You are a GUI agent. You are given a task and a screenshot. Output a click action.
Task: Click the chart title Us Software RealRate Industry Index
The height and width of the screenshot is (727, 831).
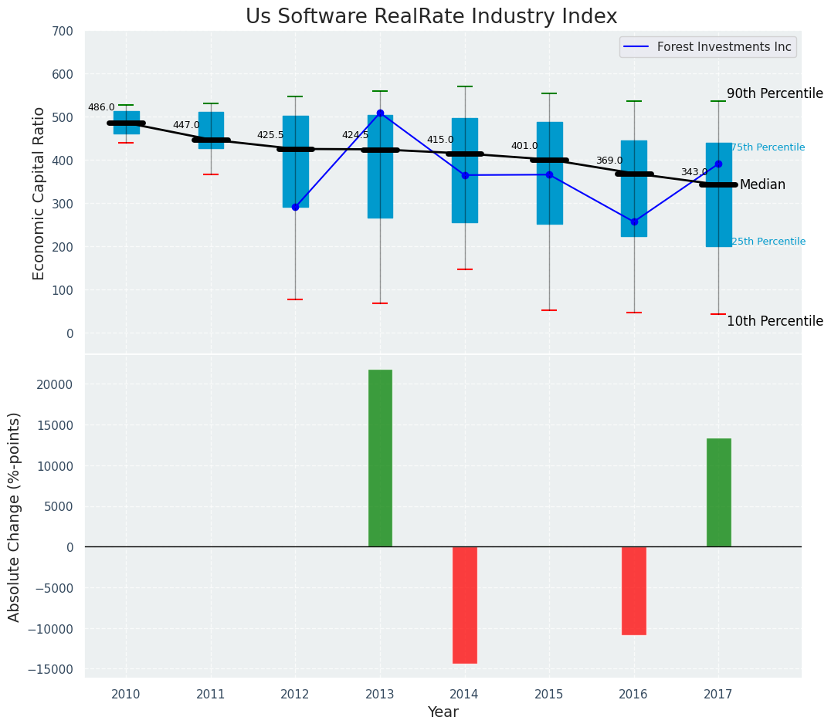[x=431, y=17]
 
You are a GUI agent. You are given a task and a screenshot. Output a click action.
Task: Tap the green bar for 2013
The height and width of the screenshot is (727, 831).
[x=380, y=458]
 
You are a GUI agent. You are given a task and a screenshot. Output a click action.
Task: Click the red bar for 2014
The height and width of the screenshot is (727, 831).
[x=465, y=604]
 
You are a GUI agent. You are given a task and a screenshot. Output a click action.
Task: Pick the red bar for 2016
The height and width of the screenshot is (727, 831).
[x=634, y=590]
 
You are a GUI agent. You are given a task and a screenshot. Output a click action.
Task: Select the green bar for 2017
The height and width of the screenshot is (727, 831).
[x=718, y=492]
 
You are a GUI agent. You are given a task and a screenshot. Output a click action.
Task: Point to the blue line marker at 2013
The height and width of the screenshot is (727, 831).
[x=380, y=113]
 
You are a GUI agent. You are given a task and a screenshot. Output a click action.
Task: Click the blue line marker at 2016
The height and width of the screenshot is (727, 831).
[x=634, y=221]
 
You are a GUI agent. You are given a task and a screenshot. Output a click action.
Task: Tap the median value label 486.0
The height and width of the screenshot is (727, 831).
[x=101, y=108]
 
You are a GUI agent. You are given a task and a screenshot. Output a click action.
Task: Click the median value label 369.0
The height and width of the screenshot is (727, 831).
[x=609, y=161]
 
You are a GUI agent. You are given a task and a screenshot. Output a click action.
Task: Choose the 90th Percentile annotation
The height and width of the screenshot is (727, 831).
[x=775, y=93]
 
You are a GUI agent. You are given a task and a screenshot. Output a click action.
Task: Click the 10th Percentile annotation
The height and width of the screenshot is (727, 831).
[x=775, y=322]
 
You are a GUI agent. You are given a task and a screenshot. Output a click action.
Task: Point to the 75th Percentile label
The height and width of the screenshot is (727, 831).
[x=768, y=147]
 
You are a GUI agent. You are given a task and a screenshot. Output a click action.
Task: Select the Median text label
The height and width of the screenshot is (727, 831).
[x=762, y=185]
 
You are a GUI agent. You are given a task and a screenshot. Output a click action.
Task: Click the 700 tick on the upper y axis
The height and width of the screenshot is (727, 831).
[x=63, y=32]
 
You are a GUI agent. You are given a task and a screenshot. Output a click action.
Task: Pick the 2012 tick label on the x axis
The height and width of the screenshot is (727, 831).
[x=295, y=695]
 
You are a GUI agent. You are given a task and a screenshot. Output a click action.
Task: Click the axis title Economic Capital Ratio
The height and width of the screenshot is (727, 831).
[x=39, y=193]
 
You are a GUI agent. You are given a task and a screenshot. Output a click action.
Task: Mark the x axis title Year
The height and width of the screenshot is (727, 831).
[x=443, y=712]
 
